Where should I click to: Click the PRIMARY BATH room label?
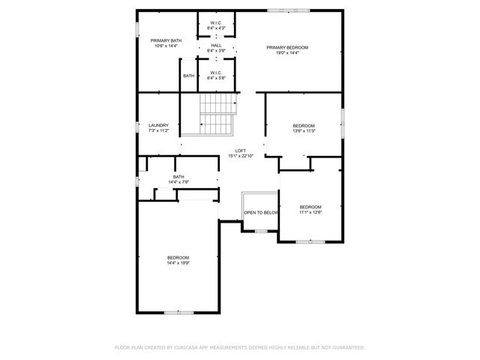click(166, 40)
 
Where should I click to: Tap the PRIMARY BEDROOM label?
click(287, 47)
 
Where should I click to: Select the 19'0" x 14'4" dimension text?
click(287, 53)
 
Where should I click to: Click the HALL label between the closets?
click(216, 45)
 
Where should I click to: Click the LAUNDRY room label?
click(158, 125)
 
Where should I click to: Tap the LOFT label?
click(241, 151)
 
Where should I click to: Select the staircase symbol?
click(218, 115)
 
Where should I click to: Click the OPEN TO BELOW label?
click(260, 212)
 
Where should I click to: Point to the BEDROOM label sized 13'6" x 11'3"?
click(304, 125)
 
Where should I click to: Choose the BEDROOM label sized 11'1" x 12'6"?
click(310, 207)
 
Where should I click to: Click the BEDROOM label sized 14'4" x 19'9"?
click(178, 257)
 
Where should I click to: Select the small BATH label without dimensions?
click(188, 76)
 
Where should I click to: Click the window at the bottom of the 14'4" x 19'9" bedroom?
click(174, 311)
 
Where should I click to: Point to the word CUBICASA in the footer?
click(187, 347)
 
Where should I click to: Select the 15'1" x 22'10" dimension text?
click(241, 156)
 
